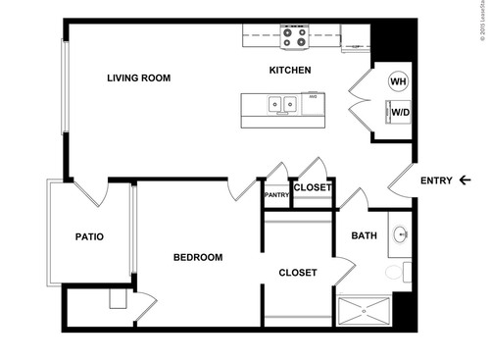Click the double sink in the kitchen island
pos(285,102)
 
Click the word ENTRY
pos(436,180)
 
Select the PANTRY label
pos(276,195)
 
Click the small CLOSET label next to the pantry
pos(313,187)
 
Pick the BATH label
pos(365,235)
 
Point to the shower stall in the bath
pos(365,312)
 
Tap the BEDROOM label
pos(198,258)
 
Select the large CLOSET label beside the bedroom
pos(297,273)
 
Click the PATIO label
pos(89,236)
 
